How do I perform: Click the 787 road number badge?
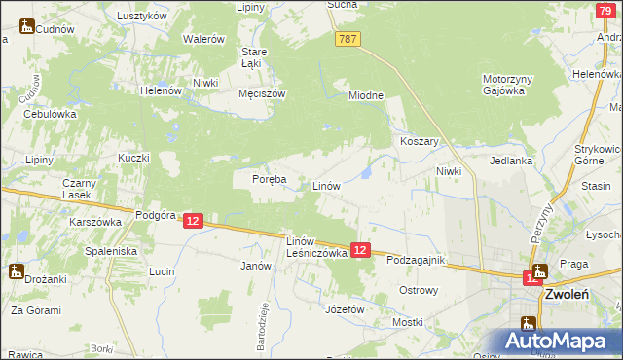click(x=348, y=38)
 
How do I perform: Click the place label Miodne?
click(x=367, y=95)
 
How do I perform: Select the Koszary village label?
click(x=421, y=141)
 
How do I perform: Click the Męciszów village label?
click(x=262, y=94)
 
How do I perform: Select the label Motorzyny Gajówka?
click(x=503, y=85)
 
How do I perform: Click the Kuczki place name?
click(x=133, y=158)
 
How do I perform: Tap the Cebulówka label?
click(x=51, y=113)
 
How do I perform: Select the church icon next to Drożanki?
click(x=17, y=271)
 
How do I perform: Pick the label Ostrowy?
click(x=420, y=290)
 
